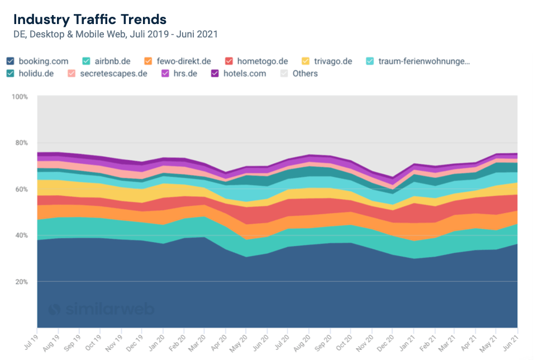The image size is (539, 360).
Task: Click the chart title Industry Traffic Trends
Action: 90,19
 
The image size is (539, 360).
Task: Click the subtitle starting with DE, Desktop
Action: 115,35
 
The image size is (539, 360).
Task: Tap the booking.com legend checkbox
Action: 11,61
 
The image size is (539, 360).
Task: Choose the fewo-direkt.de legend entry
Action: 183,61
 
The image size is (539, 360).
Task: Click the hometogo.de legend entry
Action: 262,61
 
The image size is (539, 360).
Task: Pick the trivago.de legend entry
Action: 333,61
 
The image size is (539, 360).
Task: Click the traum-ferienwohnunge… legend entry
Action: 423,61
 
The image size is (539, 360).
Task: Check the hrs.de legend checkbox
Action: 165,73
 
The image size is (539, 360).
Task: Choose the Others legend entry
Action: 304,73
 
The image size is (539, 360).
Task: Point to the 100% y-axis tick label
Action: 20,97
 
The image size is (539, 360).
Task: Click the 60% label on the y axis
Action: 21,190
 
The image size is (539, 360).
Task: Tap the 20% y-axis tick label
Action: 21,282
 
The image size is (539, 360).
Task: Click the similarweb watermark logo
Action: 101,309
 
